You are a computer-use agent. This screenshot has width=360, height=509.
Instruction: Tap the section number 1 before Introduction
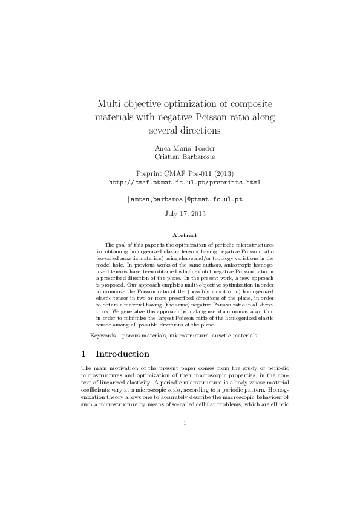(x=83, y=354)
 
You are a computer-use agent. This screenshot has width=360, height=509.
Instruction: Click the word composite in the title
(x=246, y=103)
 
